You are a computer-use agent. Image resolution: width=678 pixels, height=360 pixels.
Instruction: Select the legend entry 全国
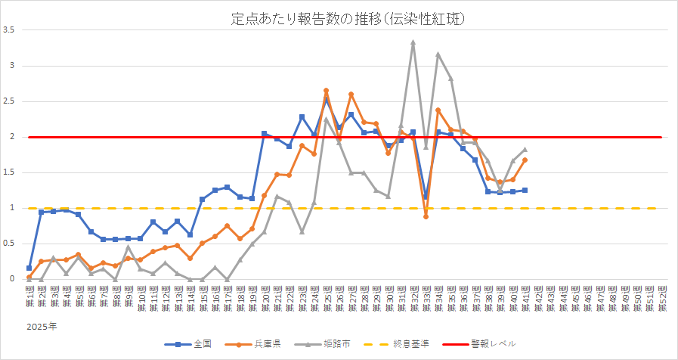coord(195,343)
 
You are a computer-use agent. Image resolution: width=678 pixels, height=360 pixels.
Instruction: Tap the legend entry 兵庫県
coord(262,343)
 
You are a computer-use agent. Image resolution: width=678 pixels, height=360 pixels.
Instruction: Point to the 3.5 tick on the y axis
coord(9,30)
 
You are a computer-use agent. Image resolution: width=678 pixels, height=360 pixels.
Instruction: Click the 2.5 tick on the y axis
coord(9,101)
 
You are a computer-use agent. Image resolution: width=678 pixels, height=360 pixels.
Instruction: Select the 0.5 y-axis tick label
coord(9,244)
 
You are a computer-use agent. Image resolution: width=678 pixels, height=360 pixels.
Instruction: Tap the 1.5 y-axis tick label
coord(9,172)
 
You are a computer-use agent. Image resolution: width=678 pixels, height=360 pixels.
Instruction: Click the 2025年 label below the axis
coord(39,327)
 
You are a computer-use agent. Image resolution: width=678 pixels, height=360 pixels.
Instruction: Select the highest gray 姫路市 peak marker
coord(413,42)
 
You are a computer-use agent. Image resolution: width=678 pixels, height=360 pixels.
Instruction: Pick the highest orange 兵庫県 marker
coord(326,91)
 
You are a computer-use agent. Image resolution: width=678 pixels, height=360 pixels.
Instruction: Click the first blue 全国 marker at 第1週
coord(29,268)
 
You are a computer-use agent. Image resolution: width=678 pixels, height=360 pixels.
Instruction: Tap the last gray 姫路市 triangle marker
coord(525,150)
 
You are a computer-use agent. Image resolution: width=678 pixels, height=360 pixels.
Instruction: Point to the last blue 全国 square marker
coord(525,190)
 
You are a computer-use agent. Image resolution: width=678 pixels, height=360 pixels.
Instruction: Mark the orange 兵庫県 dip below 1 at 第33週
coord(426,216)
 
